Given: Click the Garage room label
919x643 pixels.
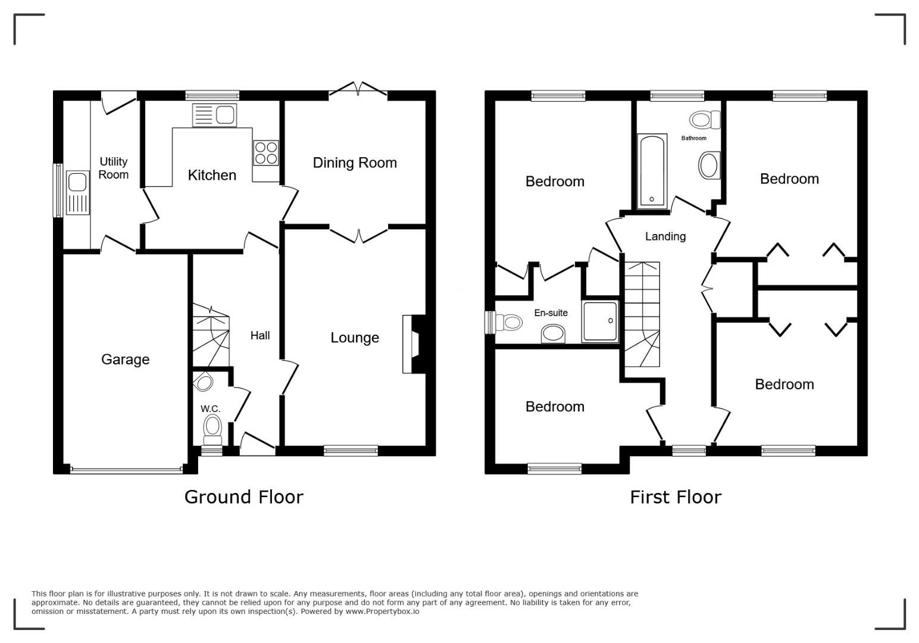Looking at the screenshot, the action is point(125,360).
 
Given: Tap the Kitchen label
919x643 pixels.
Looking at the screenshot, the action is point(212,175).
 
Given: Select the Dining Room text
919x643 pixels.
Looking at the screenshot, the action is point(355,163).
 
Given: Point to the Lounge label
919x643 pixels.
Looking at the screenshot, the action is point(355,338).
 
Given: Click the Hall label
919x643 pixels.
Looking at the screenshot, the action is point(260,336).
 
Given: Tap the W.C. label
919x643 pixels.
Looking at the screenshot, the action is point(210,408).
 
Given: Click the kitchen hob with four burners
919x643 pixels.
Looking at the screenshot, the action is point(265,153).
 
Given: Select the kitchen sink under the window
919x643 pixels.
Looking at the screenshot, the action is point(214,115).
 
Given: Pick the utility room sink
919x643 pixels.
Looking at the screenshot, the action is point(77,193).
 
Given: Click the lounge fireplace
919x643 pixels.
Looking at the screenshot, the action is point(414,344).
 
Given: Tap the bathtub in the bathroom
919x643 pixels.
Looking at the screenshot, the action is point(652,171).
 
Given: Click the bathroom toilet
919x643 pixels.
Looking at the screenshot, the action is point(705,120).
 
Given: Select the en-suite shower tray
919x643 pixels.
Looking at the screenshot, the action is point(600,321).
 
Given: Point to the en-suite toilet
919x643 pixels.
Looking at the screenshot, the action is point(509,322).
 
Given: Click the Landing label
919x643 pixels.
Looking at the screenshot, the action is point(665,236).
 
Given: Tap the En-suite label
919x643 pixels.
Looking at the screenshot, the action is point(551,313).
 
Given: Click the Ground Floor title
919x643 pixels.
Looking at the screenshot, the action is point(243,497).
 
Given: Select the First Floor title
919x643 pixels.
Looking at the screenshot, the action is point(676,497).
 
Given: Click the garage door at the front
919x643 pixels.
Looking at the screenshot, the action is point(126,470).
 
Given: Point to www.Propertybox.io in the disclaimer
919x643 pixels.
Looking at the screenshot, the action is point(382,611).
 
